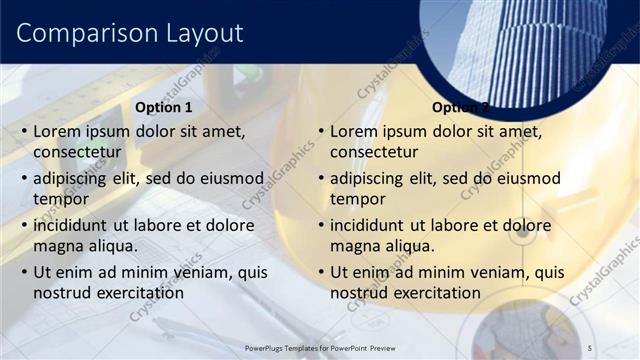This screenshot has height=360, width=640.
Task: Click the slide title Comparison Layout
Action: coord(130,33)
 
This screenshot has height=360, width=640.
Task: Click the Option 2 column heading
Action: coord(460,107)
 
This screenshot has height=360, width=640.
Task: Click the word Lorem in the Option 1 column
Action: coord(57,132)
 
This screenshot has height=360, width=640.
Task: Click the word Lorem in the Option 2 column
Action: coord(354,132)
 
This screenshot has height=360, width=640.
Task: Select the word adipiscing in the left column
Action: coord(75,178)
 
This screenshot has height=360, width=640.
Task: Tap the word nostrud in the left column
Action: coord(62,293)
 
